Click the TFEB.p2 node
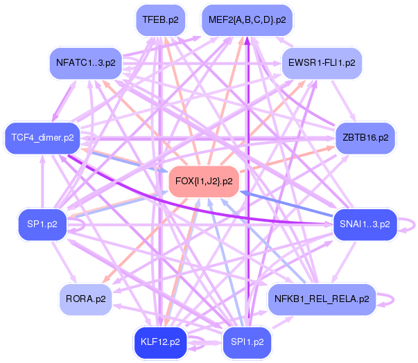(x=160, y=20)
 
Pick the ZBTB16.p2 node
(x=365, y=137)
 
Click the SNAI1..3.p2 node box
(x=365, y=224)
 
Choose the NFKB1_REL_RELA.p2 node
(x=322, y=299)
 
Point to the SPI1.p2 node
(x=247, y=342)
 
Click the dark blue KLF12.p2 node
(x=160, y=342)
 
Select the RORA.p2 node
(x=85, y=299)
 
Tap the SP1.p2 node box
(x=42, y=224)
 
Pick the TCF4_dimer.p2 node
(x=42, y=137)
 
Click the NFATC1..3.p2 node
(x=85, y=63)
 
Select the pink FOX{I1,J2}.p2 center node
(x=204, y=181)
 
